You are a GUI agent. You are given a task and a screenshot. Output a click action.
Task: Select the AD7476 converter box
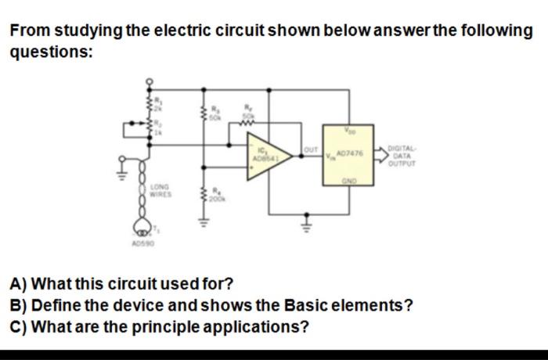pos(348,155)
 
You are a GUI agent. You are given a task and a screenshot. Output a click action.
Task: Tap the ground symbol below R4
pos(207,221)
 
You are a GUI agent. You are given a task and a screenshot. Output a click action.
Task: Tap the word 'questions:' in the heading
pos(52,53)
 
